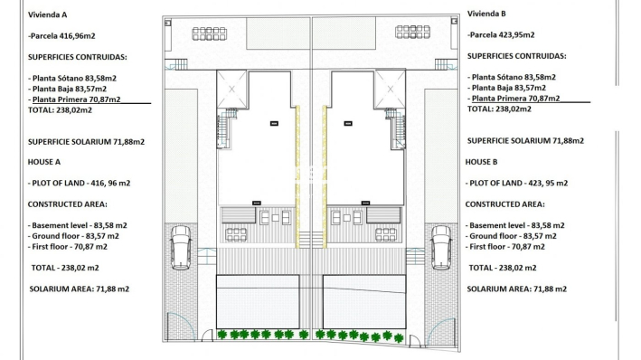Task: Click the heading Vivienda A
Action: pos(48,15)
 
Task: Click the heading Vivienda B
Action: pos(486,14)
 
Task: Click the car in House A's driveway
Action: pos(182,247)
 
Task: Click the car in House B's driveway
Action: pos(442,247)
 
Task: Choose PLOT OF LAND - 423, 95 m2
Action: pos(518,184)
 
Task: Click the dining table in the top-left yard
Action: pos(210,33)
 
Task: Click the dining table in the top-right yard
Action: pos(414,33)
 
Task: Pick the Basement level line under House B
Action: pos(516,224)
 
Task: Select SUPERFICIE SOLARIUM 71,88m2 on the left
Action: pos(87,141)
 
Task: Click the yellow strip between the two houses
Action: pos(299,176)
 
